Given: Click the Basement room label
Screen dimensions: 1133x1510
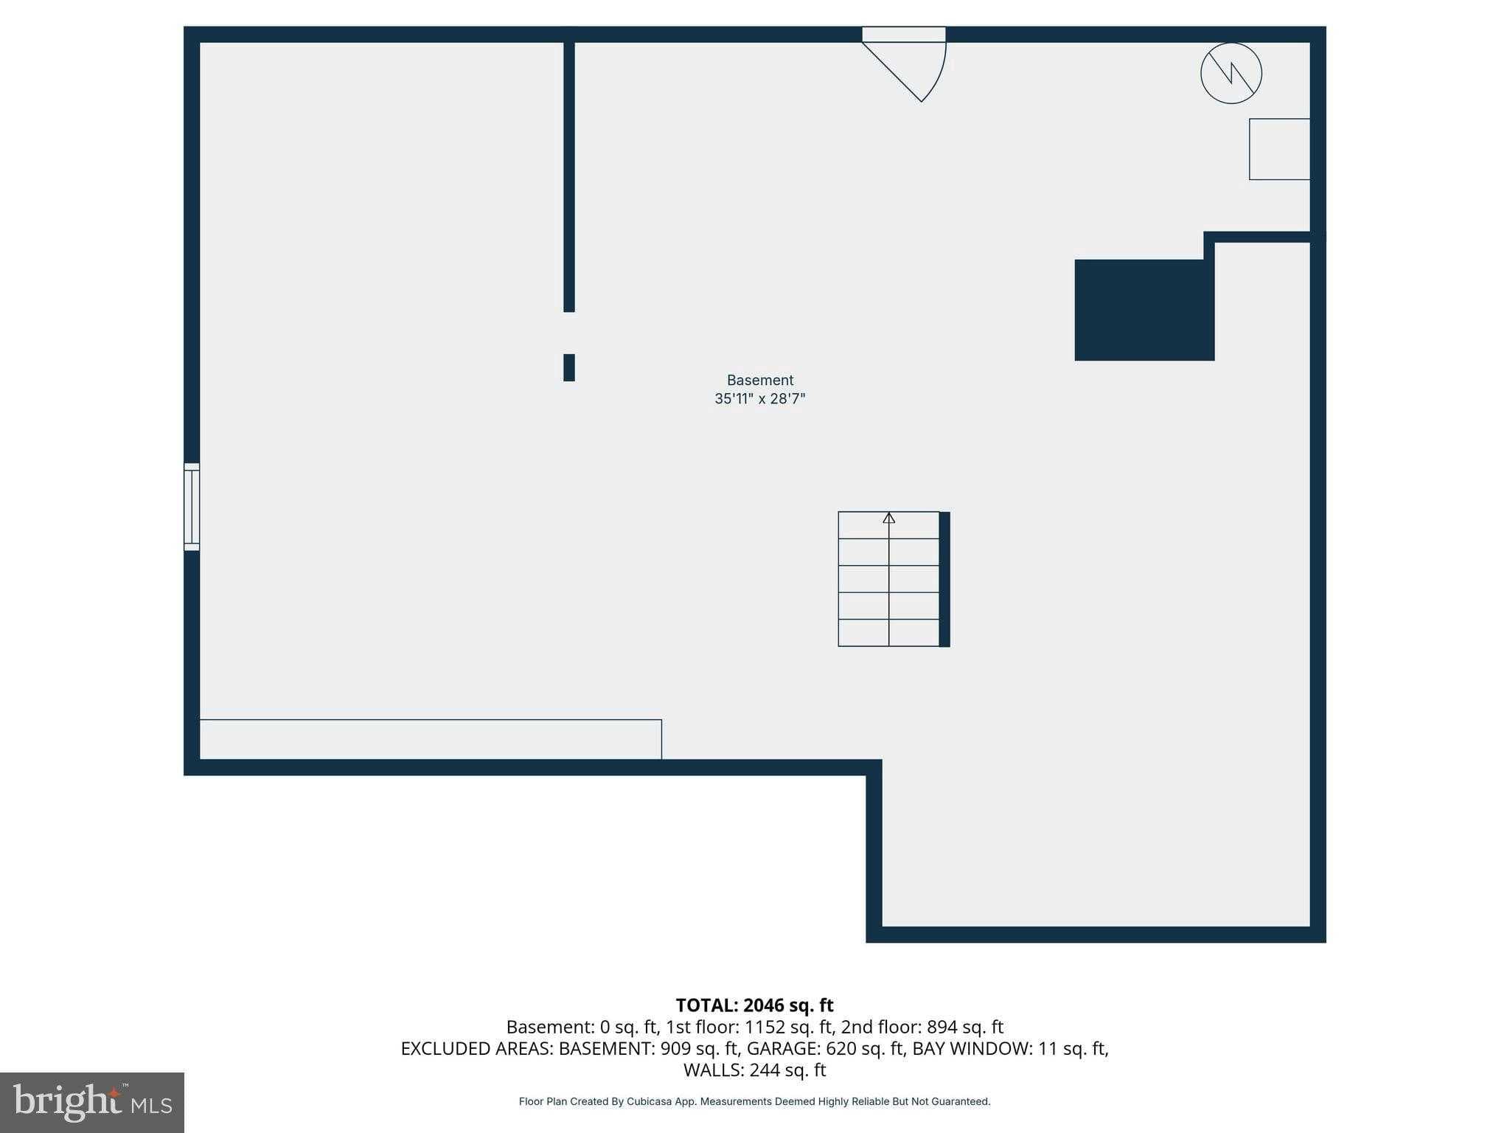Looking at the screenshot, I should pos(759,380).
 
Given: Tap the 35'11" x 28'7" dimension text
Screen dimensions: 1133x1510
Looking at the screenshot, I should pos(759,399).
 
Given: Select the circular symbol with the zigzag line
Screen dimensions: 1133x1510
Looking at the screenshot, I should pos(1231,73).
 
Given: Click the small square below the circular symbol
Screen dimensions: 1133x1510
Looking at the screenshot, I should pos(1278,149).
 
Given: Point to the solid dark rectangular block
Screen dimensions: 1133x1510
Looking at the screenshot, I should pos(1144,310).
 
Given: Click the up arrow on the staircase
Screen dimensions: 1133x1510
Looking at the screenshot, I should pos(888,519).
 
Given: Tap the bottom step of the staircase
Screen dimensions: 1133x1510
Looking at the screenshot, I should pos(888,633).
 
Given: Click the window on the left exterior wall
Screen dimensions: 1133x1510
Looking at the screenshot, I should pos(192,507).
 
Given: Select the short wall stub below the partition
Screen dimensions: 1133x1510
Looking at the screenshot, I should pos(568,367).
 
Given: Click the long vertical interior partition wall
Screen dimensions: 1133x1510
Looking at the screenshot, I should pos(568,177).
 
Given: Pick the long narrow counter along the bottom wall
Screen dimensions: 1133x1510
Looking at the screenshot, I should pos(430,739).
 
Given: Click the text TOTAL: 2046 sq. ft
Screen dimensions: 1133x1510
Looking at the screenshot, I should pos(754,1005).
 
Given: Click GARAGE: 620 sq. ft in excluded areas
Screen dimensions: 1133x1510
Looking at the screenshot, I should pos(825,1048).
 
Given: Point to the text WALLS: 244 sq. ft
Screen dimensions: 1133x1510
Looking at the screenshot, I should pos(754,1070).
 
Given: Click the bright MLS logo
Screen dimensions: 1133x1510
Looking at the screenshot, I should pos(91,1102).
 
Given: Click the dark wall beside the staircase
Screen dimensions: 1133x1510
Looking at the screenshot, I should pos(944,579).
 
